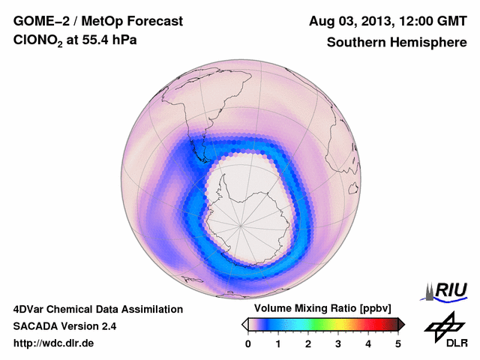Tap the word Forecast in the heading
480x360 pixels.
(x=155, y=21)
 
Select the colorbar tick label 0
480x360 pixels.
(x=248, y=343)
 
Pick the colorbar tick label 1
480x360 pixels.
(x=278, y=343)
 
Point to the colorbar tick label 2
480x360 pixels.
(x=308, y=343)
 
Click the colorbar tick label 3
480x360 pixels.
(x=338, y=343)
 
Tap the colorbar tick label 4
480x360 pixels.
(x=368, y=343)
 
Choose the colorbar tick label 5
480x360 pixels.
(x=398, y=343)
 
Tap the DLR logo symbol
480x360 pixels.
(x=442, y=325)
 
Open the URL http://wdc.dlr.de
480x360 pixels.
(x=54, y=343)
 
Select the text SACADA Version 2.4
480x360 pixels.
(x=64, y=326)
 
